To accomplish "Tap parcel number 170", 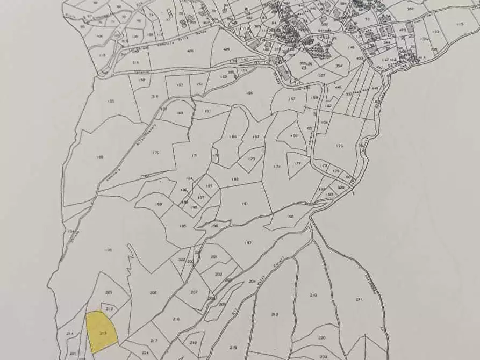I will pos(156,153).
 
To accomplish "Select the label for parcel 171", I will pos(195,156).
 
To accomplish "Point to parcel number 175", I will pos(339,146).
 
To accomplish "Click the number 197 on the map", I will pos(248,243).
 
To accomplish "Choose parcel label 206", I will pos(153,292).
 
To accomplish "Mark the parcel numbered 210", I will pos(313,295).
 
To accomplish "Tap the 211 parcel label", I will pos(359,299).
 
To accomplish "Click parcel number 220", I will pos(321,337).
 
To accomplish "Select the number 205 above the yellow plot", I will pos(109,292).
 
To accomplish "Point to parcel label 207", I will pos(194,292).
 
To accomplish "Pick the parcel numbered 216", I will pos(176,319).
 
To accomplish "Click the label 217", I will pos(154,341).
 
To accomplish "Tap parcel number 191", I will pos(245,204).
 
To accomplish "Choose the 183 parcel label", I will pos(235,179).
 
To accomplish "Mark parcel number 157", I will pos(292,99).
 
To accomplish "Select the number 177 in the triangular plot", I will pos(297,163).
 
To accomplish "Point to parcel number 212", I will pos(275,314).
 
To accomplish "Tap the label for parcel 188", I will pos(159,204).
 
